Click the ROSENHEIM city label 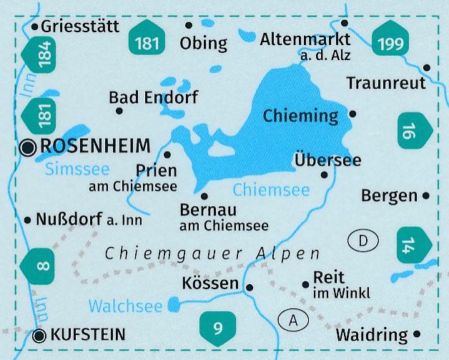point(96,147)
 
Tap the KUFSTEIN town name point(89,334)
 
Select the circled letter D point(363,242)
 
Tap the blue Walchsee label point(126,306)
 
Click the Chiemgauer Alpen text point(212,254)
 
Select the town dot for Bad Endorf point(119,110)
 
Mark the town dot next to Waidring point(418,334)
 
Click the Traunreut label point(385,83)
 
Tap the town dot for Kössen point(249,288)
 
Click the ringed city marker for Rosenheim point(29,147)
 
